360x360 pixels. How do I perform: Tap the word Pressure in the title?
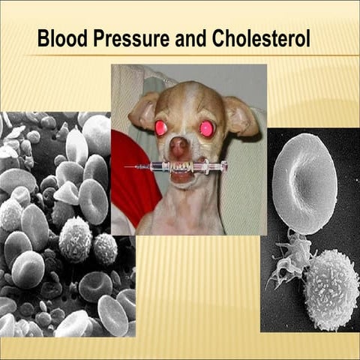pos(133,39)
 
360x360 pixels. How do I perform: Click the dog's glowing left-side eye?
pos(161,127)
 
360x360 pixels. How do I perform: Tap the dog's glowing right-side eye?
pos(206,128)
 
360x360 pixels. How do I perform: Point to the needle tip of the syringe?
pos(127,166)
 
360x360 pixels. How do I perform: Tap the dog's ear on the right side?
pos(241,116)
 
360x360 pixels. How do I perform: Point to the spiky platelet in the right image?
pos(289,259)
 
